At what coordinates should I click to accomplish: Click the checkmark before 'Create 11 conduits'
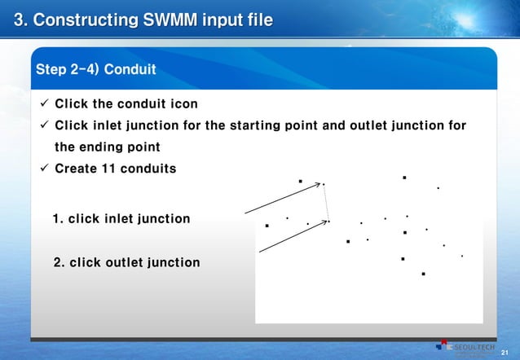(x=44, y=168)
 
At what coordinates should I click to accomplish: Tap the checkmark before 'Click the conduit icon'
(x=44, y=104)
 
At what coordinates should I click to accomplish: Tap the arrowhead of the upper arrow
(x=319, y=185)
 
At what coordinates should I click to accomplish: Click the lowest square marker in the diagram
(x=424, y=274)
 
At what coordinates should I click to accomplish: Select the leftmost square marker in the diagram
(x=267, y=226)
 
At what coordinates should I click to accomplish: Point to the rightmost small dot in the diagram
(x=461, y=256)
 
